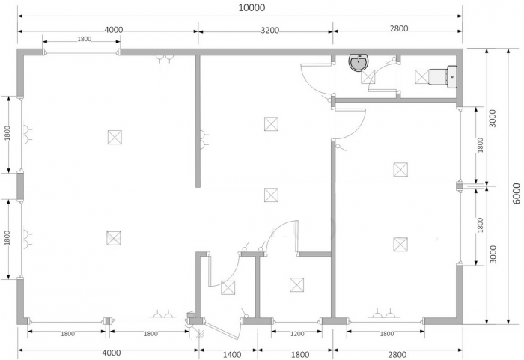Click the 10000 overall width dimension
point(252,7)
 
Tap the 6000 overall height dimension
point(516,193)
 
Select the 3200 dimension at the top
point(269,31)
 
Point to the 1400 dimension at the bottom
point(232,354)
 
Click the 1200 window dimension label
point(297,334)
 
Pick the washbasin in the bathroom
point(359,63)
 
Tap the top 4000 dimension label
point(114,30)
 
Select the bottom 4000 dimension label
point(112,353)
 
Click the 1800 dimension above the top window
point(84,39)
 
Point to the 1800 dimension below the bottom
point(300,354)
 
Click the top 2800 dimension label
point(399,28)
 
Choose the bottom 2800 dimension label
point(397,354)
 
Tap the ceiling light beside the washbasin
point(368,77)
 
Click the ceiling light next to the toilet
point(421,76)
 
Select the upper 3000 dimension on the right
point(493,118)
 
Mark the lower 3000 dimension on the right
point(493,254)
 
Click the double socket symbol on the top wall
point(165,59)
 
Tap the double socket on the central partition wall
point(204,139)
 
